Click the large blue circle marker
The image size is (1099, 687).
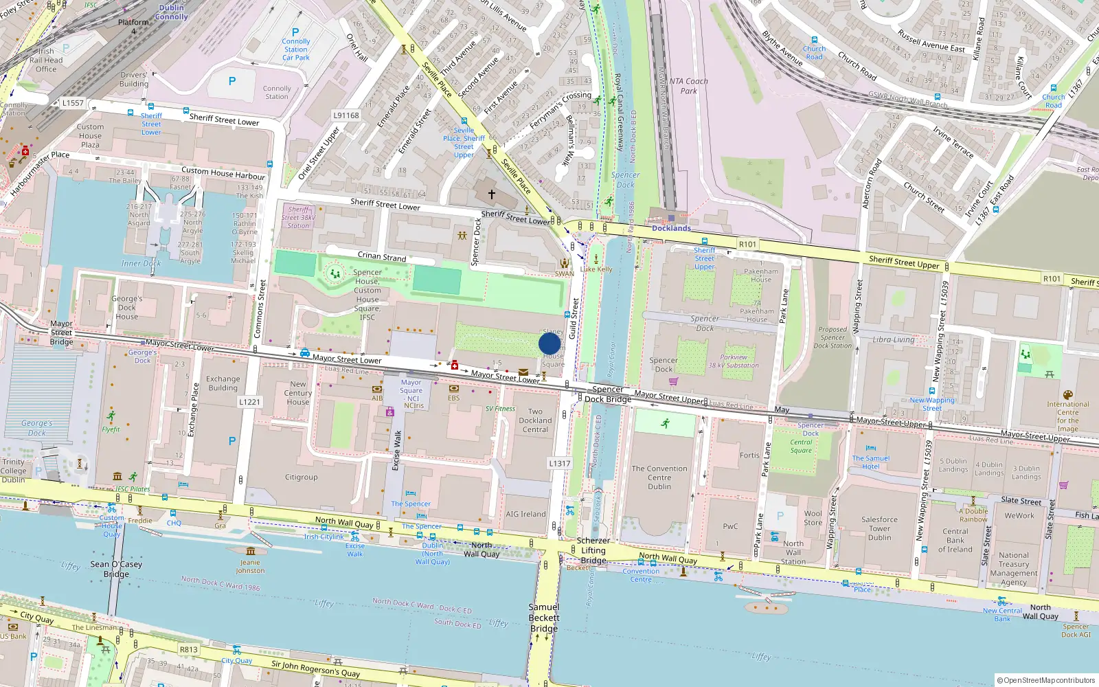pos(549,343)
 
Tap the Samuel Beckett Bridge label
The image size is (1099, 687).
pos(544,618)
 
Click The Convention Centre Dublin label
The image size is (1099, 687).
pos(659,477)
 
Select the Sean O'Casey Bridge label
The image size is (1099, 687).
pos(116,569)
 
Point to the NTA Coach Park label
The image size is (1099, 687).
pos(688,86)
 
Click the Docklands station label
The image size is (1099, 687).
pos(671,228)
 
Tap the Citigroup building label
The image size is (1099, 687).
pos(302,477)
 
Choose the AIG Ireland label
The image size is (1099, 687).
pos(525,514)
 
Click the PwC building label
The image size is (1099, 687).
pos(730,526)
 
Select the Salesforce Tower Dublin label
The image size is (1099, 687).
pos(879,528)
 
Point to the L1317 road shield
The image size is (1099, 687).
pos(559,463)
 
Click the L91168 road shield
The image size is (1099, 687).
pos(346,115)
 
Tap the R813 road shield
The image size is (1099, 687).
pos(189,649)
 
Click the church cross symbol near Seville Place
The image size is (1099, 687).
pos(492,194)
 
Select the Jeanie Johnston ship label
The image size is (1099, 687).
pos(250,566)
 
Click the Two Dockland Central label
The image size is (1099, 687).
pos(535,420)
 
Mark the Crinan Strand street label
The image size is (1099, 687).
pos(382,256)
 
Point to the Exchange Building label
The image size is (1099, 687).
pos(223,383)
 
